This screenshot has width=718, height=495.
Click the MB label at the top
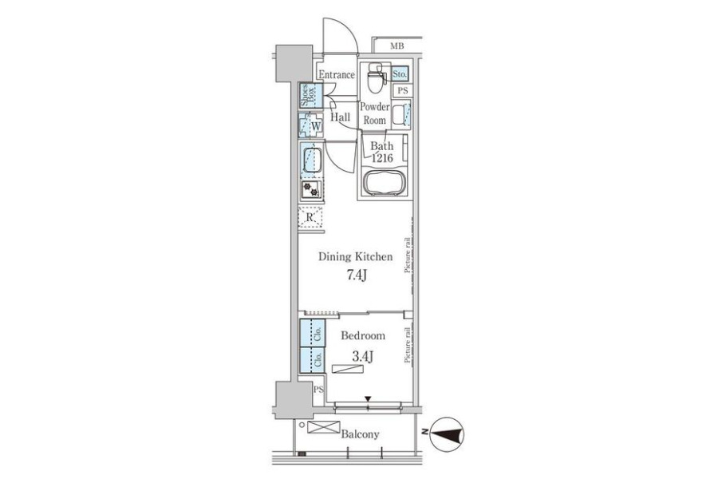click(397, 46)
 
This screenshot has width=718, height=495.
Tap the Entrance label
click(337, 75)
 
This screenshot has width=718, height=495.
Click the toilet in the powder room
click(376, 77)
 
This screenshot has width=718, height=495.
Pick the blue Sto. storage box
click(400, 73)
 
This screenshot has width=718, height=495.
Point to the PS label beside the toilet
click(403, 91)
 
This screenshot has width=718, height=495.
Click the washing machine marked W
click(311, 125)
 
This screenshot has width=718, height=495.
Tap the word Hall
click(340, 117)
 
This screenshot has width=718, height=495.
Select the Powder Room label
click(375, 113)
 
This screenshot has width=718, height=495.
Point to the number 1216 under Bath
click(382, 159)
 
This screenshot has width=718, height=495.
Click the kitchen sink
click(312, 160)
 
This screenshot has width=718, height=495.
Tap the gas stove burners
click(311, 190)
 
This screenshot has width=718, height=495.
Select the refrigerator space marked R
click(310, 217)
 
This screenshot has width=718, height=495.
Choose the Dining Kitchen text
click(356, 256)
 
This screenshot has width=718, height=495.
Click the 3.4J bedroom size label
click(362, 355)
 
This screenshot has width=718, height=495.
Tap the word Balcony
click(360, 434)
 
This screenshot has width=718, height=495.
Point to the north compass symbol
click(447, 434)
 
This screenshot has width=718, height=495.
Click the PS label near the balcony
click(318, 390)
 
